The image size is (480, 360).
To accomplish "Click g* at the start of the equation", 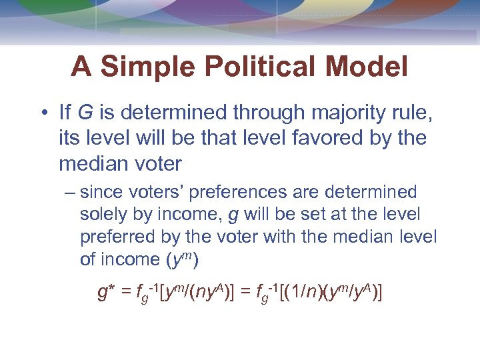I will point(107,293).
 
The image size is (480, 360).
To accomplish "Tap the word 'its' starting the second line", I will point(69,138).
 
